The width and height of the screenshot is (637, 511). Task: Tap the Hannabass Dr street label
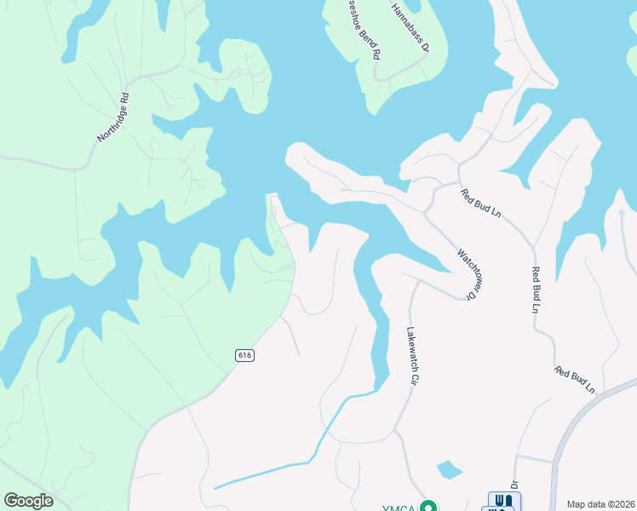point(410,27)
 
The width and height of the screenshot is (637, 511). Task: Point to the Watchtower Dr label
point(465,273)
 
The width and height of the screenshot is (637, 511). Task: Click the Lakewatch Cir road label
point(411,358)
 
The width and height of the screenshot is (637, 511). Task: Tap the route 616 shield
point(245,354)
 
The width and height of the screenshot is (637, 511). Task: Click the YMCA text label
point(398,508)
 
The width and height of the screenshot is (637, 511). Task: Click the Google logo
point(28,501)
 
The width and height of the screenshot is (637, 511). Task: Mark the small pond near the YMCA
point(449,469)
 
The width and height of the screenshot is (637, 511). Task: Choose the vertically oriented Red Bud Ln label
point(536,290)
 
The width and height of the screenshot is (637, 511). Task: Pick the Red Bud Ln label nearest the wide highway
point(575,379)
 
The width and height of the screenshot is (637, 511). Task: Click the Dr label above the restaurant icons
point(514,482)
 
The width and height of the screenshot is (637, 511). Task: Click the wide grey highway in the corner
point(588,426)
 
